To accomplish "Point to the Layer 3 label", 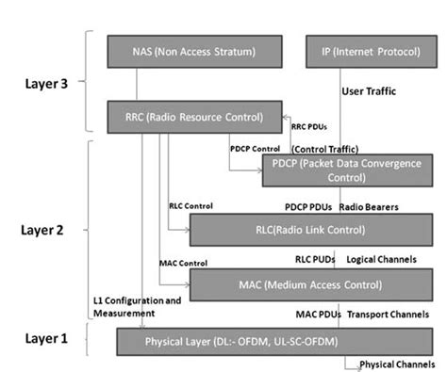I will (44, 82).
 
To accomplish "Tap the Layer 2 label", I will (44, 228).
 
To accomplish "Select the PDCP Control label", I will (256, 147).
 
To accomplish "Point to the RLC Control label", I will (190, 204).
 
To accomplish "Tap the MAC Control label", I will (185, 261).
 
